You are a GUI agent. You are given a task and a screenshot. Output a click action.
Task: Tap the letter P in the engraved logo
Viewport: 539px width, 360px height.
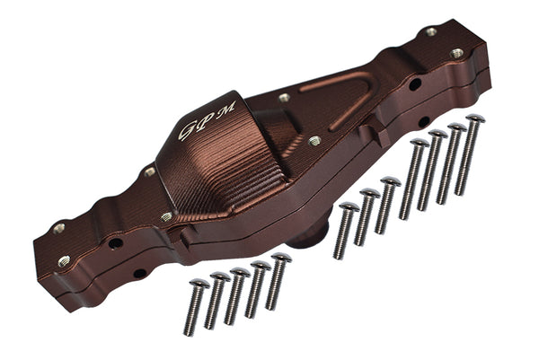(208, 120)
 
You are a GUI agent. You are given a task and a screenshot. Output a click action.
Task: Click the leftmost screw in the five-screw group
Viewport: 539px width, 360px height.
(194, 307)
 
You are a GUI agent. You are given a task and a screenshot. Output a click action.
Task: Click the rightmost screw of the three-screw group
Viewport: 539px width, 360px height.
(386, 205)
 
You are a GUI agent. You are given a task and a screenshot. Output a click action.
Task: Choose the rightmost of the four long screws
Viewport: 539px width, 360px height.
(469, 154)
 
